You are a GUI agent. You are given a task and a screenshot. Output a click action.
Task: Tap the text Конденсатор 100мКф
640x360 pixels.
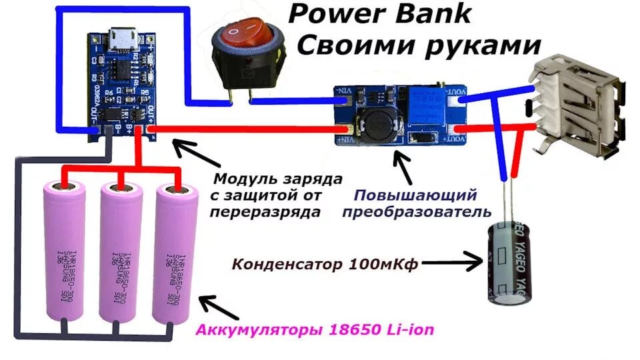325,264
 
